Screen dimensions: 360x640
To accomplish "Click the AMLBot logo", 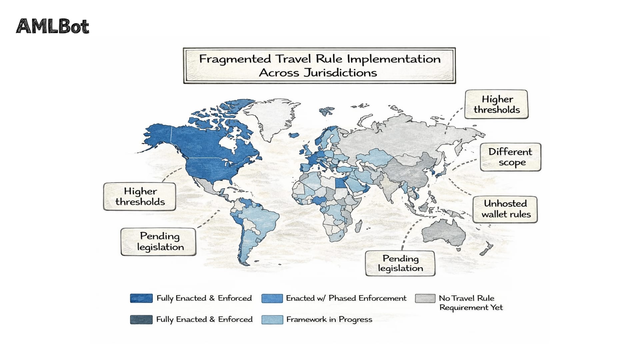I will click(x=53, y=26).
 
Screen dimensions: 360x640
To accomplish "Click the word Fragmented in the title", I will click(x=235, y=59).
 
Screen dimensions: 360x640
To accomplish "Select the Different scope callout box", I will click(x=510, y=157).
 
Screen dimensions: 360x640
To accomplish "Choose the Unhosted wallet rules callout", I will click(x=505, y=209).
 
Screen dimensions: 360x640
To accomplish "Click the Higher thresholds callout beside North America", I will click(x=140, y=196).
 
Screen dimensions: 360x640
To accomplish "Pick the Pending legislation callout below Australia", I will click(x=400, y=263).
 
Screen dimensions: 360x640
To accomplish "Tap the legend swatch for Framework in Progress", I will click(x=272, y=319).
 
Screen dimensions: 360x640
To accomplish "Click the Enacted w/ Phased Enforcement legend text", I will click(x=346, y=298).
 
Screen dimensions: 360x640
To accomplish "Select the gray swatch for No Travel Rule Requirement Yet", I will click(x=425, y=298).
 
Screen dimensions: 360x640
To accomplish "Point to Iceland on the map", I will click(x=294, y=135).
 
